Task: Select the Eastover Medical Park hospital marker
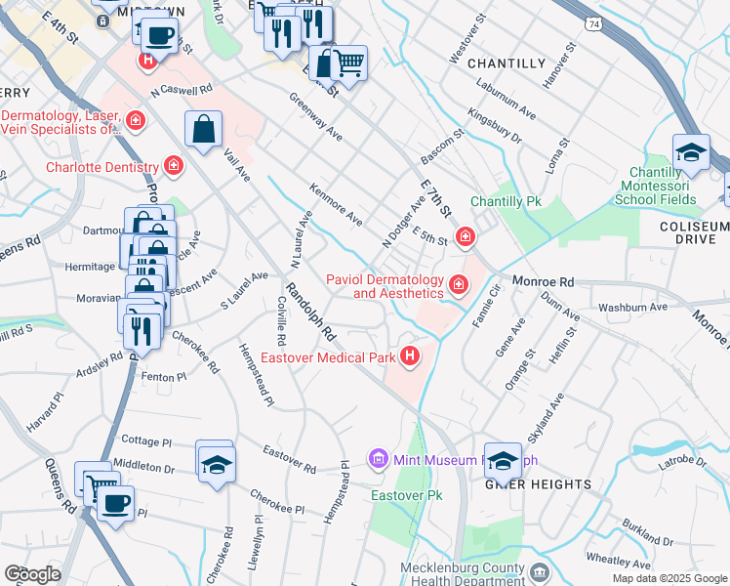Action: coord(411,356)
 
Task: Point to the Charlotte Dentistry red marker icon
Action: coord(174,166)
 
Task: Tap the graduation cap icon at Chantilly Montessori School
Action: coord(691,152)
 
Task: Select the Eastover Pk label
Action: coord(407,495)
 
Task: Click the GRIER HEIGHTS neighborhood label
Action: coord(539,483)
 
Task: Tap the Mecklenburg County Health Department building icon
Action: coord(540,569)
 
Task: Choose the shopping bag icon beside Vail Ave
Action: coord(203,129)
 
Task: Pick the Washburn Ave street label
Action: coord(632,307)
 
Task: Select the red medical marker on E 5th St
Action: coord(465,236)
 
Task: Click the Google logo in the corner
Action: coord(32,574)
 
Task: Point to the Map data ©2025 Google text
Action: coord(669,578)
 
